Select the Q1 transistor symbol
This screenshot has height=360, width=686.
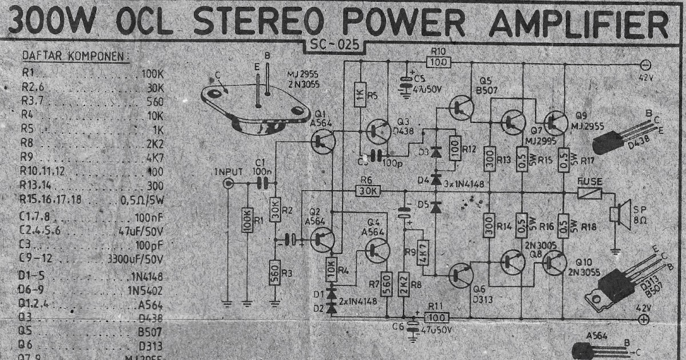tap(324, 140)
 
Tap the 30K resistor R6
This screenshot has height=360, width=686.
tap(366, 190)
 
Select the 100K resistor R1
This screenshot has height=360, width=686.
tap(247, 219)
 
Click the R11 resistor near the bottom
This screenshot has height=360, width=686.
tap(437, 317)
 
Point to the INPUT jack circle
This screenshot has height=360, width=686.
tap(229, 183)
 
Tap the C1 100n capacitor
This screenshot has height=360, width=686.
tap(262, 183)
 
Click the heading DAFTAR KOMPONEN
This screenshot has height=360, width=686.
tap(74, 57)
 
